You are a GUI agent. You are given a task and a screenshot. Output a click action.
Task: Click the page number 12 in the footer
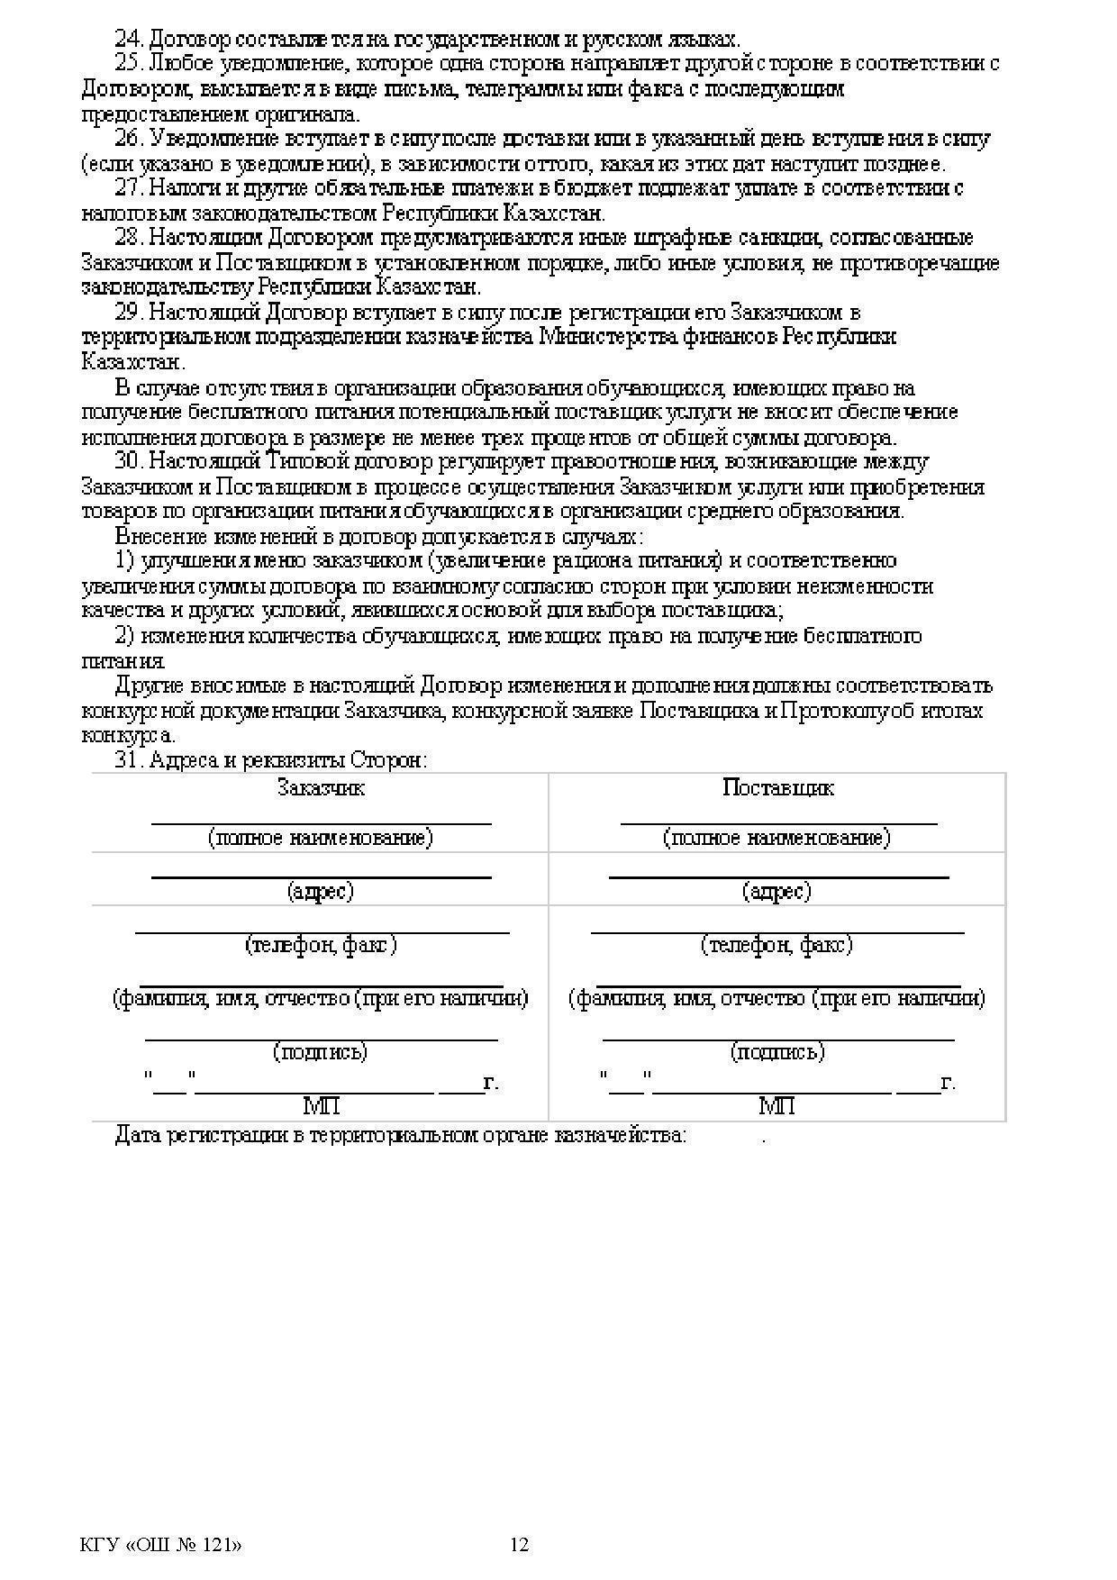(x=520, y=1545)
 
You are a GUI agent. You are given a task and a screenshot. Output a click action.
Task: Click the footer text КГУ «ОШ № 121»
(x=161, y=1545)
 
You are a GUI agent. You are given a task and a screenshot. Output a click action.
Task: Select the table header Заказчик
(x=321, y=788)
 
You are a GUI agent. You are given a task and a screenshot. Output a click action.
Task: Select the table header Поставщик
(x=777, y=788)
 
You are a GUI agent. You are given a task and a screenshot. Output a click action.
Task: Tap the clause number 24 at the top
(x=130, y=40)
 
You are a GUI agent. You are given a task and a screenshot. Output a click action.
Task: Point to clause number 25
(x=130, y=64)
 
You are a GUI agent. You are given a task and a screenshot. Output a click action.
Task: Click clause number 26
(x=130, y=139)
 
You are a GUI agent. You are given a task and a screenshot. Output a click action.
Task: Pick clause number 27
(x=130, y=188)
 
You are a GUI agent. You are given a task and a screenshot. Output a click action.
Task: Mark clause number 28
(x=130, y=238)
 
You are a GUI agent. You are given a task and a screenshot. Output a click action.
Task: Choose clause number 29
(x=130, y=313)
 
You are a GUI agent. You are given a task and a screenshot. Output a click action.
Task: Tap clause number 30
(x=130, y=461)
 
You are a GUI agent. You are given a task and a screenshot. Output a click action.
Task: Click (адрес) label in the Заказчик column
(x=321, y=891)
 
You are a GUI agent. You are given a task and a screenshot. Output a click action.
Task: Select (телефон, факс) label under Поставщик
(x=776, y=945)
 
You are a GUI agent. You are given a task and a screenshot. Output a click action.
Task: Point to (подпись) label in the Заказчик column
(x=321, y=1051)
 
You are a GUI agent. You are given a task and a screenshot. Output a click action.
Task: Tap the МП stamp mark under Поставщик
(x=776, y=1105)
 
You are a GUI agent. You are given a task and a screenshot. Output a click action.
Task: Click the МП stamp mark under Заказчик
(x=321, y=1105)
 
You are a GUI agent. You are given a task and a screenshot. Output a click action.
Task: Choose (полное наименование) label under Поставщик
(x=776, y=838)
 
